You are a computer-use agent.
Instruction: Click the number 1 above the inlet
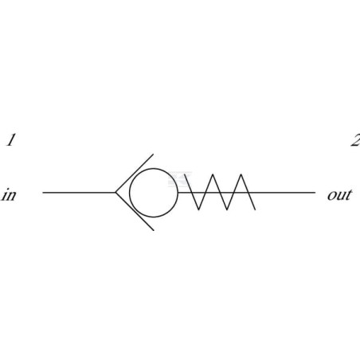click(x=10, y=140)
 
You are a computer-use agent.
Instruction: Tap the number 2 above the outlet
click(x=355, y=140)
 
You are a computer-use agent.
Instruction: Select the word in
click(x=9, y=194)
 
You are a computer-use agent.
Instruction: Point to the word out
click(x=339, y=194)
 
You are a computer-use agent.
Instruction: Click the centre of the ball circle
click(x=154, y=193)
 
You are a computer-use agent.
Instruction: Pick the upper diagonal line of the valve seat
click(x=135, y=173)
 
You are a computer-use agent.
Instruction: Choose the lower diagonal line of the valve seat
click(x=135, y=212)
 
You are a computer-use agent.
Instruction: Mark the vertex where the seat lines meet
click(x=115, y=192)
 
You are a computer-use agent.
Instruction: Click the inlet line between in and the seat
click(x=79, y=192)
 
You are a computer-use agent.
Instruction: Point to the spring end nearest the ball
click(x=185, y=174)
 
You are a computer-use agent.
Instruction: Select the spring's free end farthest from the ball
click(x=256, y=209)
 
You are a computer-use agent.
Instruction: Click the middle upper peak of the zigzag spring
click(x=213, y=174)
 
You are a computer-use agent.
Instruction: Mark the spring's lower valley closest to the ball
click(x=198, y=209)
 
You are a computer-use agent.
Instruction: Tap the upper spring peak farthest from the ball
click(x=241, y=174)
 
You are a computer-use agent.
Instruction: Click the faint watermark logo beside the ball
click(x=180, y=179)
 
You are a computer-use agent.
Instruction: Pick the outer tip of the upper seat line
click(x=153, y=154)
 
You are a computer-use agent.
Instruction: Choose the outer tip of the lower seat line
click(x=154, y=230)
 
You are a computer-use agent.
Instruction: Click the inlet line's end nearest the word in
click(x=43, y=192)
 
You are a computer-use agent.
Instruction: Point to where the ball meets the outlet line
click(x=178, y=192)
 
